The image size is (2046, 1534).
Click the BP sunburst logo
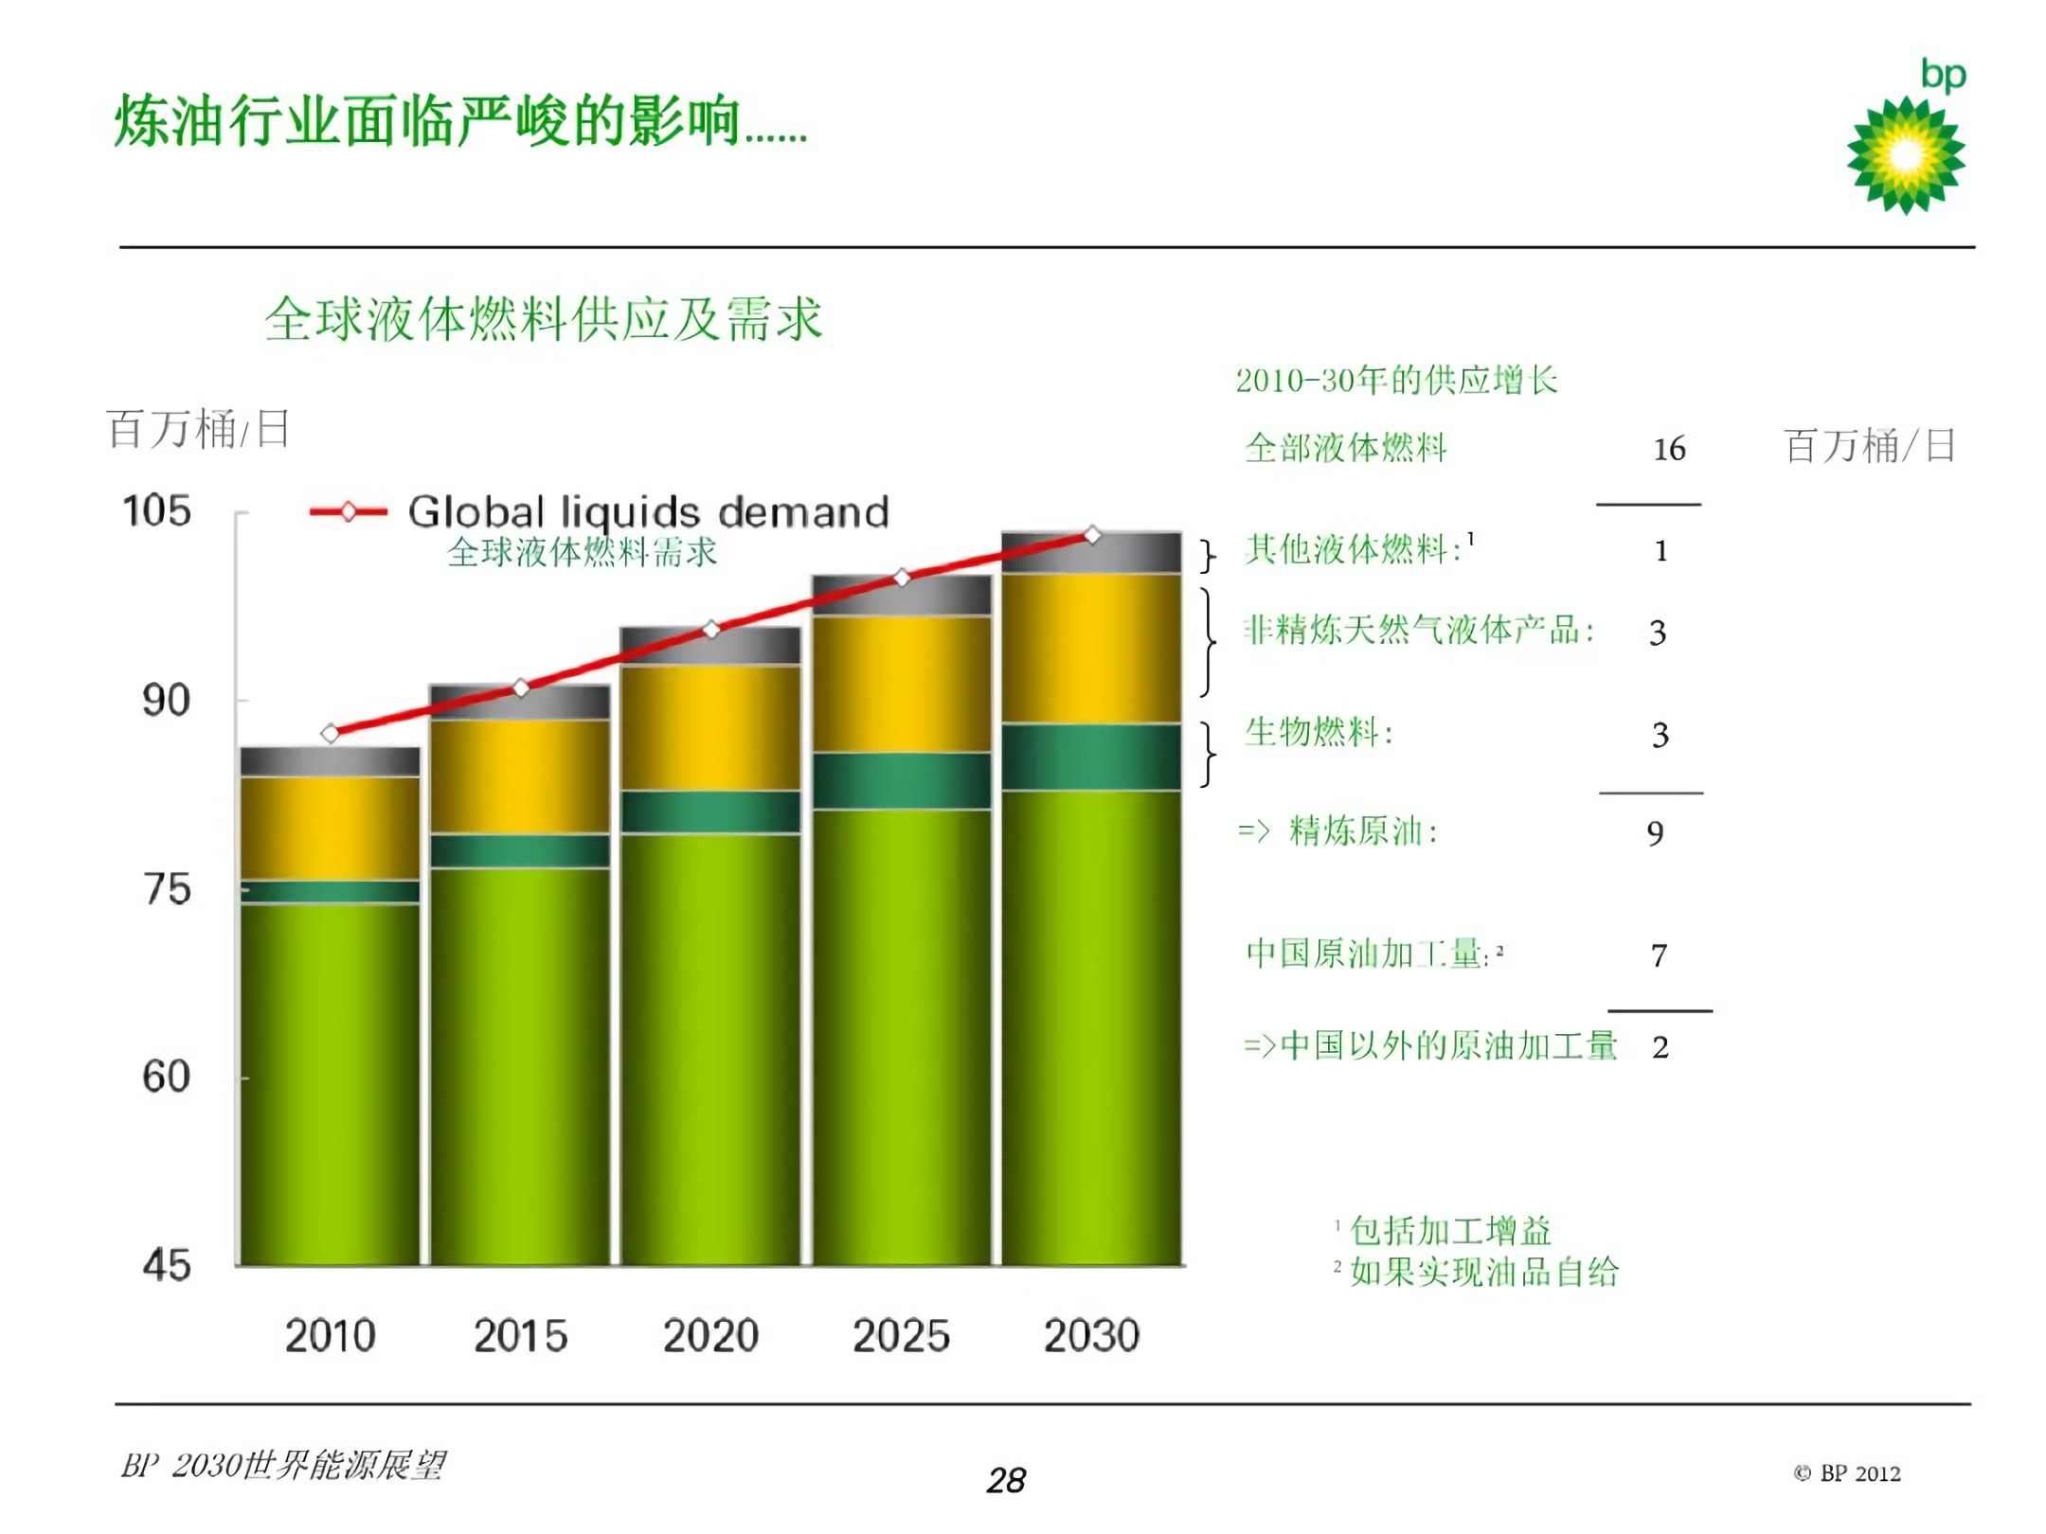(x=1905, y=155)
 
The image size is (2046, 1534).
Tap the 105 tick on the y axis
(x=157, y=511)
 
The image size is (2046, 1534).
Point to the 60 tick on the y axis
(x=166, y=1077)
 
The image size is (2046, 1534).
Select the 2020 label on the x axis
(x=710, y=1336)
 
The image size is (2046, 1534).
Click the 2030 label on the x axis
(x=1091, y=1336)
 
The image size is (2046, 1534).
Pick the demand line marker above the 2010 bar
(x=330, y=733)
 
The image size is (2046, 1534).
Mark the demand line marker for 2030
(x=1092, y=535)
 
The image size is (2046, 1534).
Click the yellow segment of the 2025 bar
(x=901, y=684)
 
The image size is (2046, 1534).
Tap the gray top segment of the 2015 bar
(x=520, y=703)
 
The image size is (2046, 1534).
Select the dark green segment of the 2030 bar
(x=1091, y=757)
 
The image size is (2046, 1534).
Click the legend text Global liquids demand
(x=649, y=512)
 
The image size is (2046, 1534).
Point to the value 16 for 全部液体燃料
(x=1669, y=449)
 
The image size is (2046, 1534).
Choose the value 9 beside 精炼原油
(x=1655, y=833)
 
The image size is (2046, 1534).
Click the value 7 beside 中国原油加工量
(x=1659, y=955)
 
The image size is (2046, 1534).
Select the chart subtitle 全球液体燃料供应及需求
(x=543, y=319)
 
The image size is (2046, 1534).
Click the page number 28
(x=1006, y=1480)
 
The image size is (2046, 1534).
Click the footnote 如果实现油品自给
(x=1483, y=1272)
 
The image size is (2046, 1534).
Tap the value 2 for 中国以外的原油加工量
(x=1660, y=1047)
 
